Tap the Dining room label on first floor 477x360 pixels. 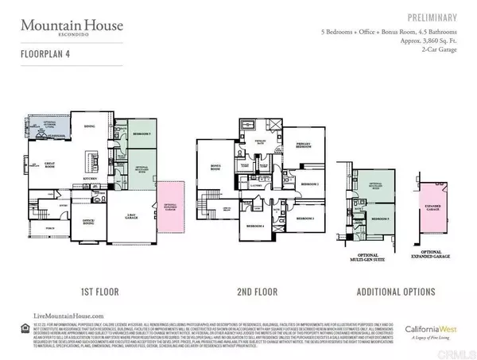click(x=89, y=126)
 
